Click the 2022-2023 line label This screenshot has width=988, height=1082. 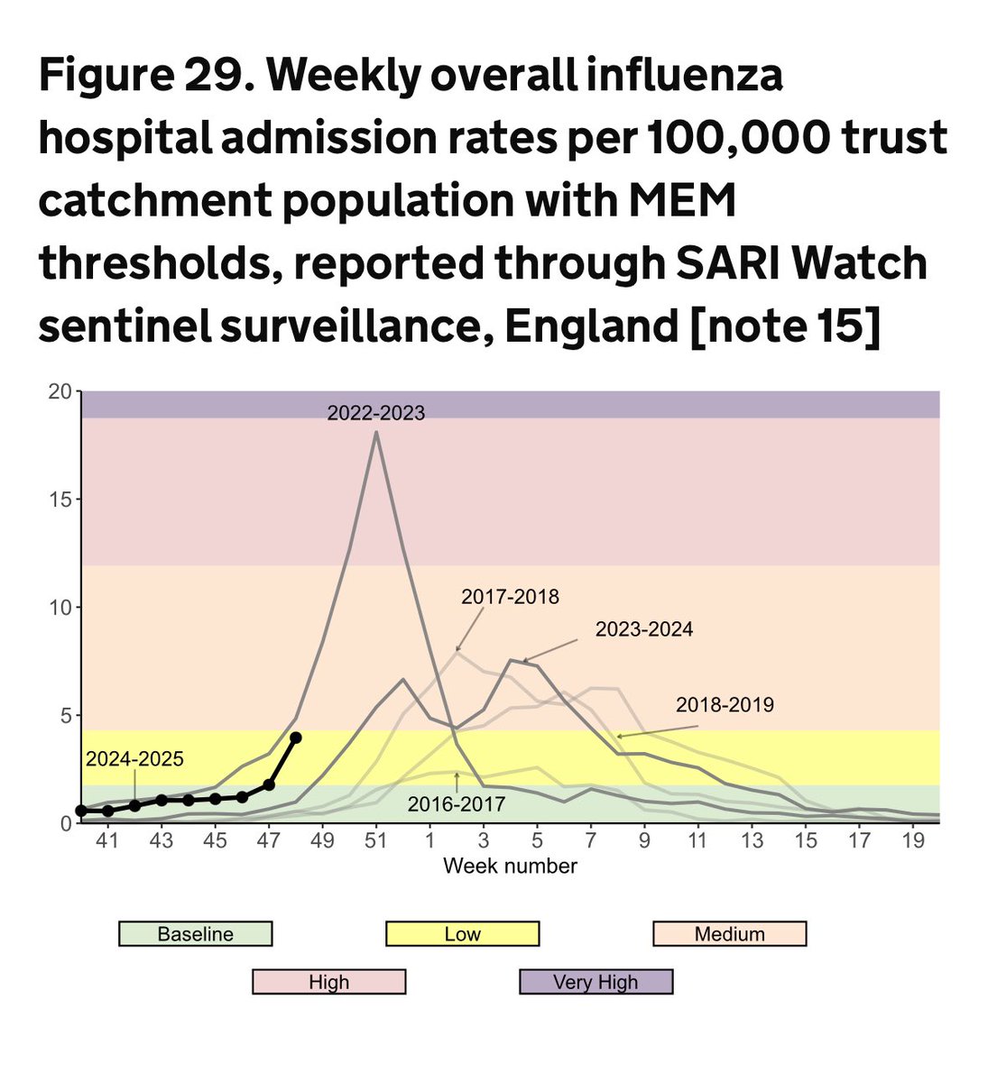tap(375, 413)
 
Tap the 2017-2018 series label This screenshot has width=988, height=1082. tap(510, 597)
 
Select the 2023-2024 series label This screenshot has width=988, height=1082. tap(644, 629)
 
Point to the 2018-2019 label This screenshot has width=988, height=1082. tap(725, 705)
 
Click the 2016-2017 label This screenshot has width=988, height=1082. tap(457, 804)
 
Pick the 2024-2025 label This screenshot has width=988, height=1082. tap(134, 759)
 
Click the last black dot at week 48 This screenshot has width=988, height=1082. tap(296, 738)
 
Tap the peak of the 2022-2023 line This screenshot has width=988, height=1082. tap(375, 433)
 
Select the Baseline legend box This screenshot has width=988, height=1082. tap(195, 934)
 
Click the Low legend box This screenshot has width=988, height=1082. tap(462, 934)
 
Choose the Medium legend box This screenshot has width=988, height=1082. tap(729, 934)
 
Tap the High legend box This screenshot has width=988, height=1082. tap(328, 982)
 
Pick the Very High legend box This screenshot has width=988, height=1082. tap(596, 982)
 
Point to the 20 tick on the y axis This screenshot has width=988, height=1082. tap(60, 391)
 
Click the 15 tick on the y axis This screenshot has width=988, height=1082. tap(60, 500)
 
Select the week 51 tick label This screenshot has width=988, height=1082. tap(375, 840)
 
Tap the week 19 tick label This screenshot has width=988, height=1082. tap(913, 840)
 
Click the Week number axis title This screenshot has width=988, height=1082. tap(510, 867)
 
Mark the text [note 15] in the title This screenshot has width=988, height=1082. tap(783, 326)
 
